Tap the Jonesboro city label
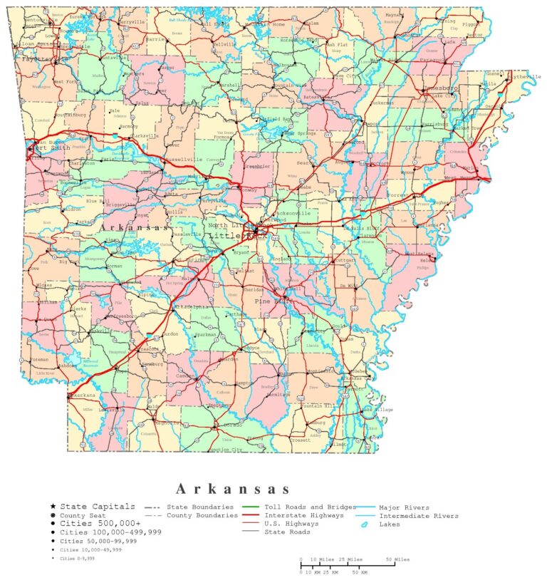442,88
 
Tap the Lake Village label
378,410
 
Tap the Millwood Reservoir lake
90,362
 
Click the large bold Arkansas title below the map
232,489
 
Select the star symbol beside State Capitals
53,506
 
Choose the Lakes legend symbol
364,524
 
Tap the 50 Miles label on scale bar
397,559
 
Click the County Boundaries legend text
202,514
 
